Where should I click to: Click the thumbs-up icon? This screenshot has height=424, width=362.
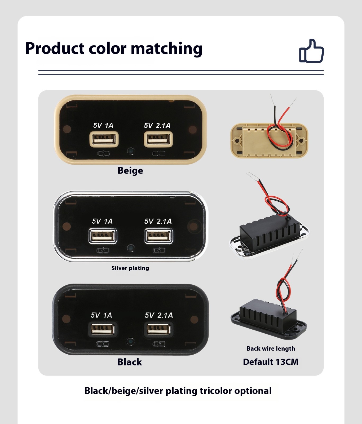(x=312, y=51)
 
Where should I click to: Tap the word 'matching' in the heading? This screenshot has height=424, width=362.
(x=166, y=49)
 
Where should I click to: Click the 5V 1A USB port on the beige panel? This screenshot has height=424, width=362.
(x=104, y=139)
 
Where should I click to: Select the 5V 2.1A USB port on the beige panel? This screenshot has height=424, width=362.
(x=158, y=139)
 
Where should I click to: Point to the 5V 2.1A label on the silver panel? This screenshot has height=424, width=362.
(x=158, y=221)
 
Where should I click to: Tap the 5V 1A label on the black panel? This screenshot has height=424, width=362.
(x=101, y=315)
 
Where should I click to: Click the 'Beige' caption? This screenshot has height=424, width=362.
(x=130, y=170)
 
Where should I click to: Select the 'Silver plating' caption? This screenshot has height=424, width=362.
(x=130, y=268)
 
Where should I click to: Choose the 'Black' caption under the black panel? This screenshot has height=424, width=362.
(x=130, y=362)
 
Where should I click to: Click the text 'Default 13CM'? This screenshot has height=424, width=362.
(x=271, y=362)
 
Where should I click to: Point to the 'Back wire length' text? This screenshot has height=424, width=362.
(x=271, y=348)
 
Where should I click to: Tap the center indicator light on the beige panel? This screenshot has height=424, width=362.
(x=131, y=151)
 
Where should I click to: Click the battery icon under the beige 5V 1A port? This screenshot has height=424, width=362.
(x=103, y=153)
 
